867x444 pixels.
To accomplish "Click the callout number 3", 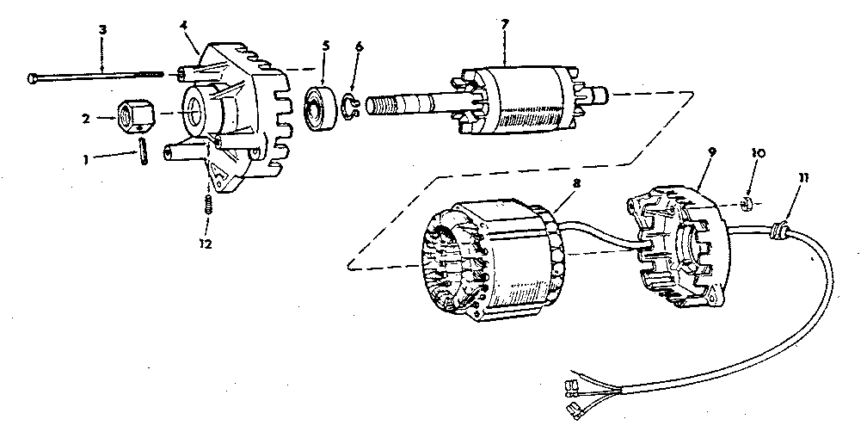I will click(102, 30).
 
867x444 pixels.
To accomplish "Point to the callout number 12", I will click(205, 244).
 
